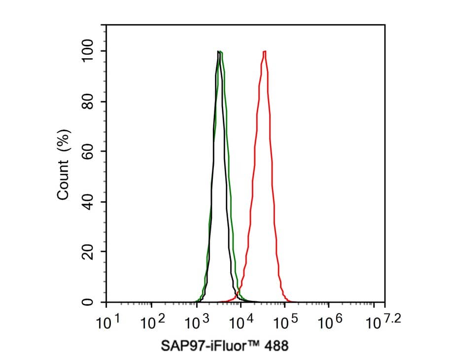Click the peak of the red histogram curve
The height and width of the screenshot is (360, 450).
point(265,51)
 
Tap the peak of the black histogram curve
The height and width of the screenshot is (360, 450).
point(218,51)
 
